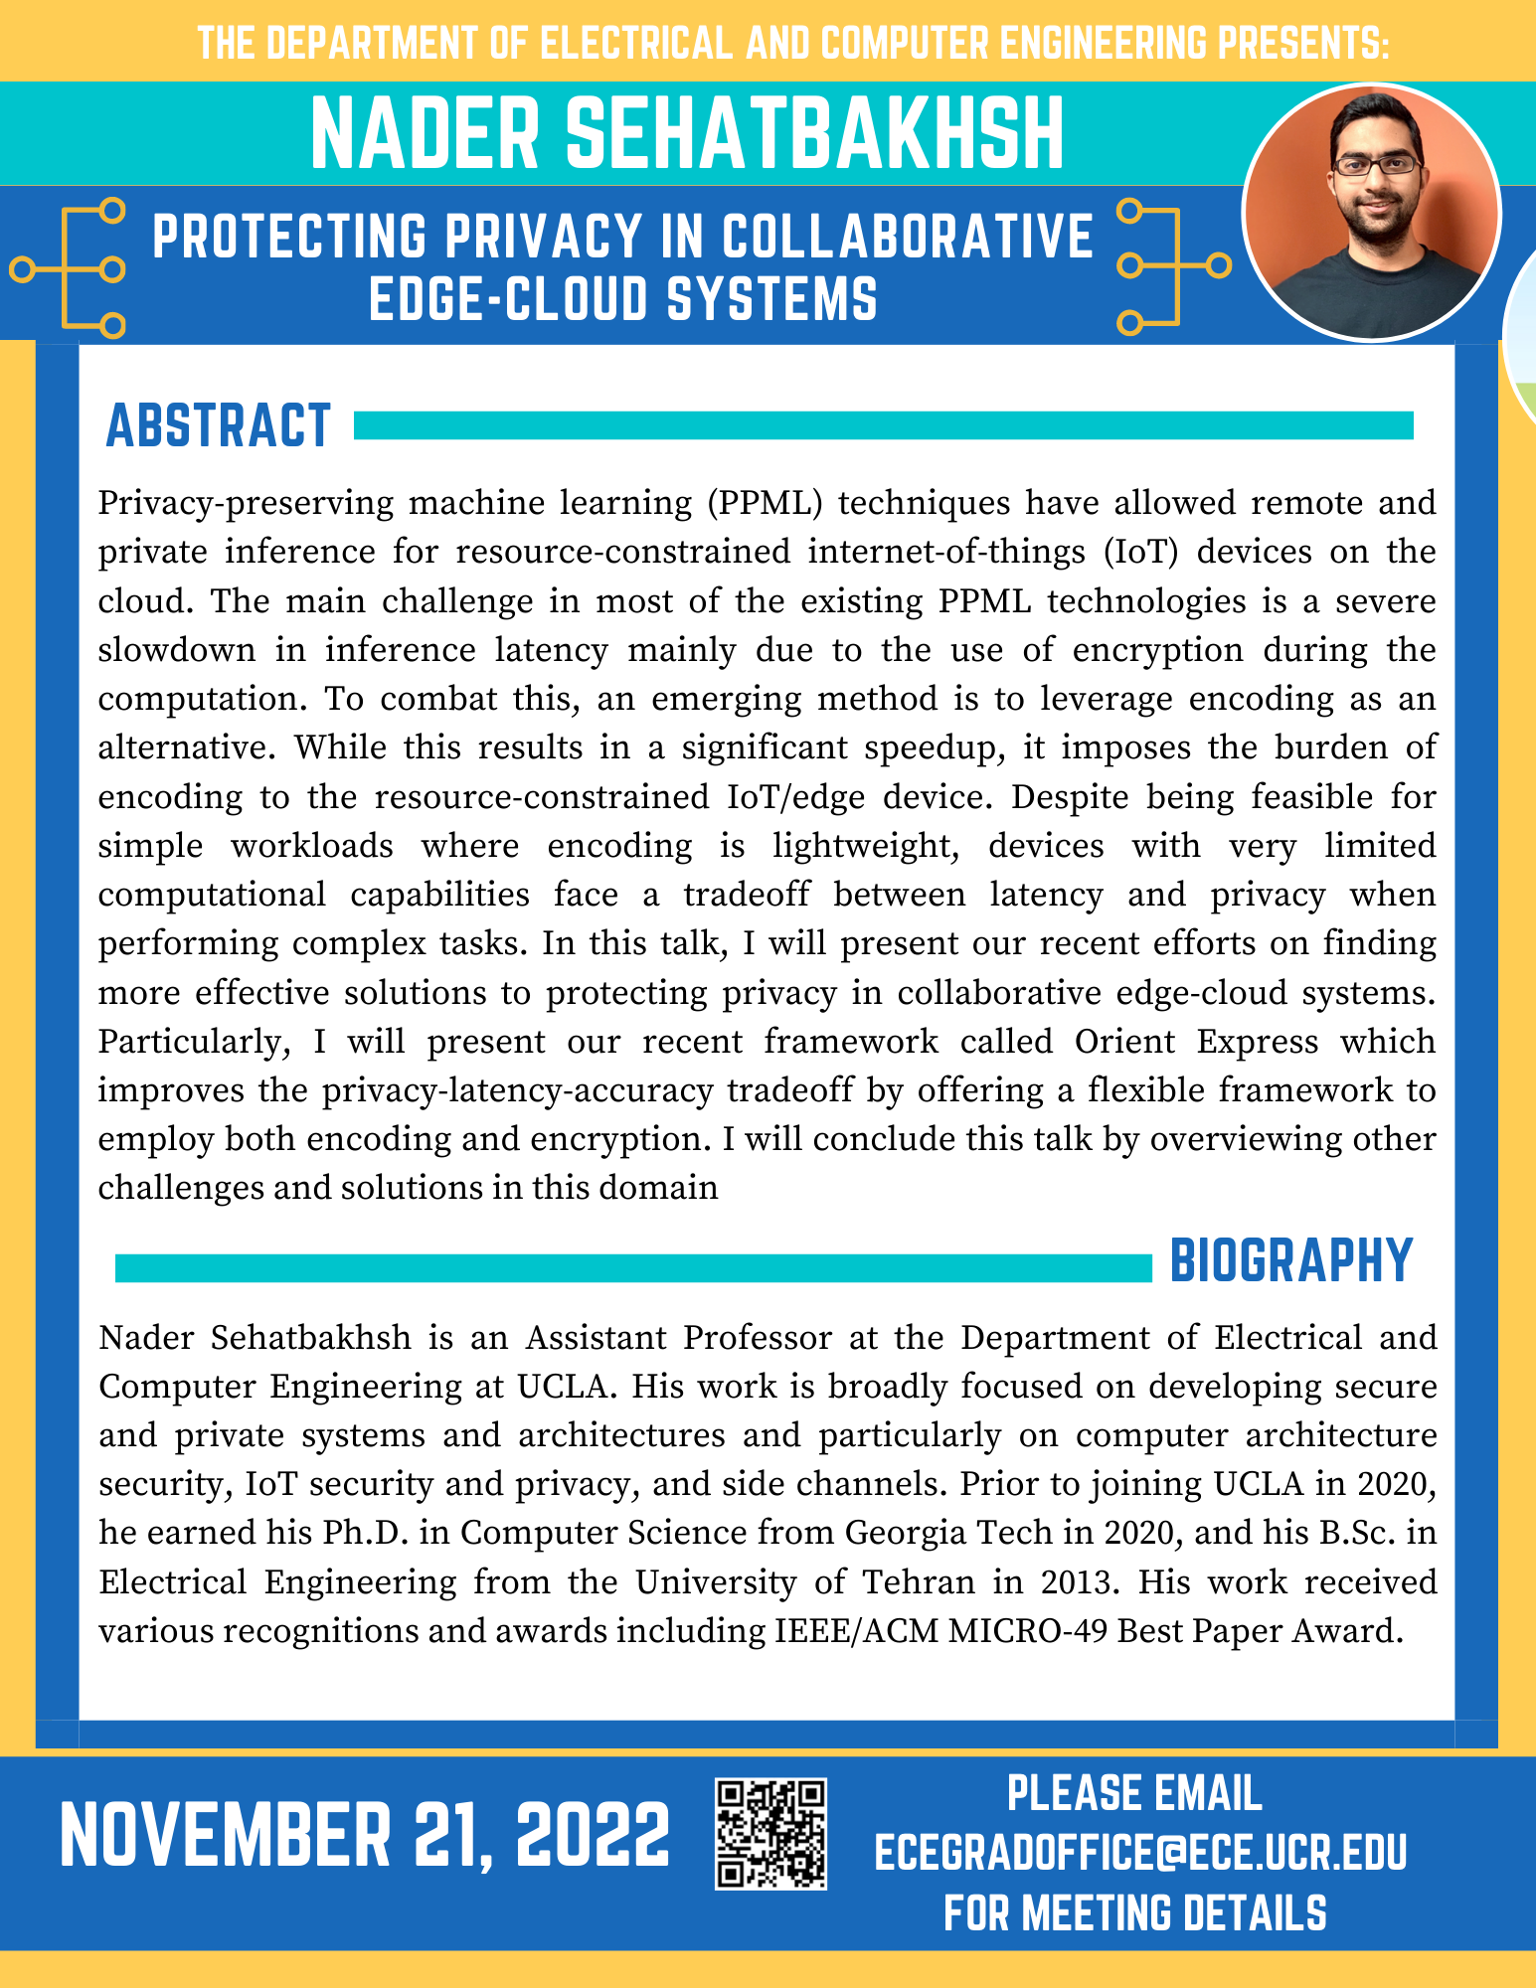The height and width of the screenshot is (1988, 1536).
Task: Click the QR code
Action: pos(770,1834)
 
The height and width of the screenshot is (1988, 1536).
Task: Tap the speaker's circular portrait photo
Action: pos(1371,212)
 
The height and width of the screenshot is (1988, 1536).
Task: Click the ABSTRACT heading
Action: pos(218,425)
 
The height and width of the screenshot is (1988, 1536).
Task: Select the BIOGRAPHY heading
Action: pos(1290,1261)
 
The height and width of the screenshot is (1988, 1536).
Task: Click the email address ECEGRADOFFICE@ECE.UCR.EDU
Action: pos(1140,1853)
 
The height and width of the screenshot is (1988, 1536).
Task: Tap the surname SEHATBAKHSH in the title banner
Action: pos(815,134)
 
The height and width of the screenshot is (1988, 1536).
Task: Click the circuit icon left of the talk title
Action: pos(70,268)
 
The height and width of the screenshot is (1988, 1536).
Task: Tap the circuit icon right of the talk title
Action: pos(1173,265)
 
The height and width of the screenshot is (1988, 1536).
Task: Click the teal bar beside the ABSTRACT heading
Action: pos(883,425)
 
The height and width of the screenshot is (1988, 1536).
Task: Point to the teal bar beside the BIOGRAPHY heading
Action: pos(632,1267)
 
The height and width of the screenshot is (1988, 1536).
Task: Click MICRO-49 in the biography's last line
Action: pos(1026,1630)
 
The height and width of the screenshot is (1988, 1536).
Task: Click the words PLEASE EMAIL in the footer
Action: pos(1134,1794)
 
